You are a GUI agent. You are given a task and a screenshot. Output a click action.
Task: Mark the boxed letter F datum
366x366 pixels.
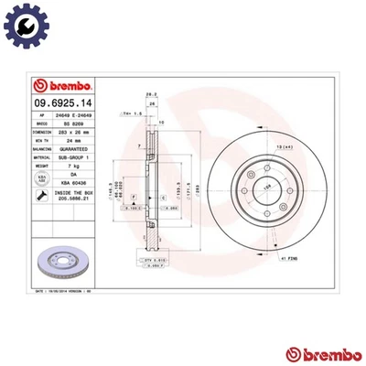click(134, 198)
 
